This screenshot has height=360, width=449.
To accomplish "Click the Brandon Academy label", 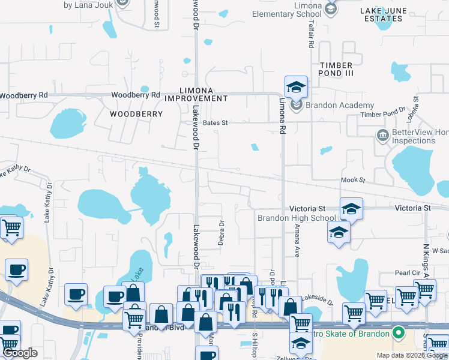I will coord(331,105).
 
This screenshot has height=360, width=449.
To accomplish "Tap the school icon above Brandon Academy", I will coord(295,88).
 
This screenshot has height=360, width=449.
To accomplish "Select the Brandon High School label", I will coord(296,218).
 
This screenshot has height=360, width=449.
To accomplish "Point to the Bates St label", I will coord(216,122).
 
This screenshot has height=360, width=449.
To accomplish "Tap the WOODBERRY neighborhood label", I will coord(136,113).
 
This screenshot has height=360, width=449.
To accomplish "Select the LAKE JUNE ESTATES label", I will coord(382,14).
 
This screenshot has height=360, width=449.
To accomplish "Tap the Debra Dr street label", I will coord(221,233).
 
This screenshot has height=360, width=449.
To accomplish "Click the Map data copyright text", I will coord(411,355).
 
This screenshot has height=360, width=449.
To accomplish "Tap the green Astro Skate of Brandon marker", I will coord(397,332).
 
